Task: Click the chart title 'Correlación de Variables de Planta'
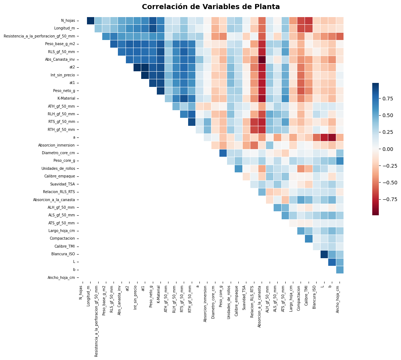coord(211,7)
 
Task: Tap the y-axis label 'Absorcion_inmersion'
coord(56,145)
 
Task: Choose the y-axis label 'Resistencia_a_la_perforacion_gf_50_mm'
coord(39,36)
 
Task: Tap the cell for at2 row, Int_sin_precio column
coord(137,67)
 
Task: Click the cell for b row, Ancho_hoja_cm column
coord(340,269)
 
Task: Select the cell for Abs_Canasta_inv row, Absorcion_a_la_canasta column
coord(262,60)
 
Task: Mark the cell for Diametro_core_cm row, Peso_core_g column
coord(223,153)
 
